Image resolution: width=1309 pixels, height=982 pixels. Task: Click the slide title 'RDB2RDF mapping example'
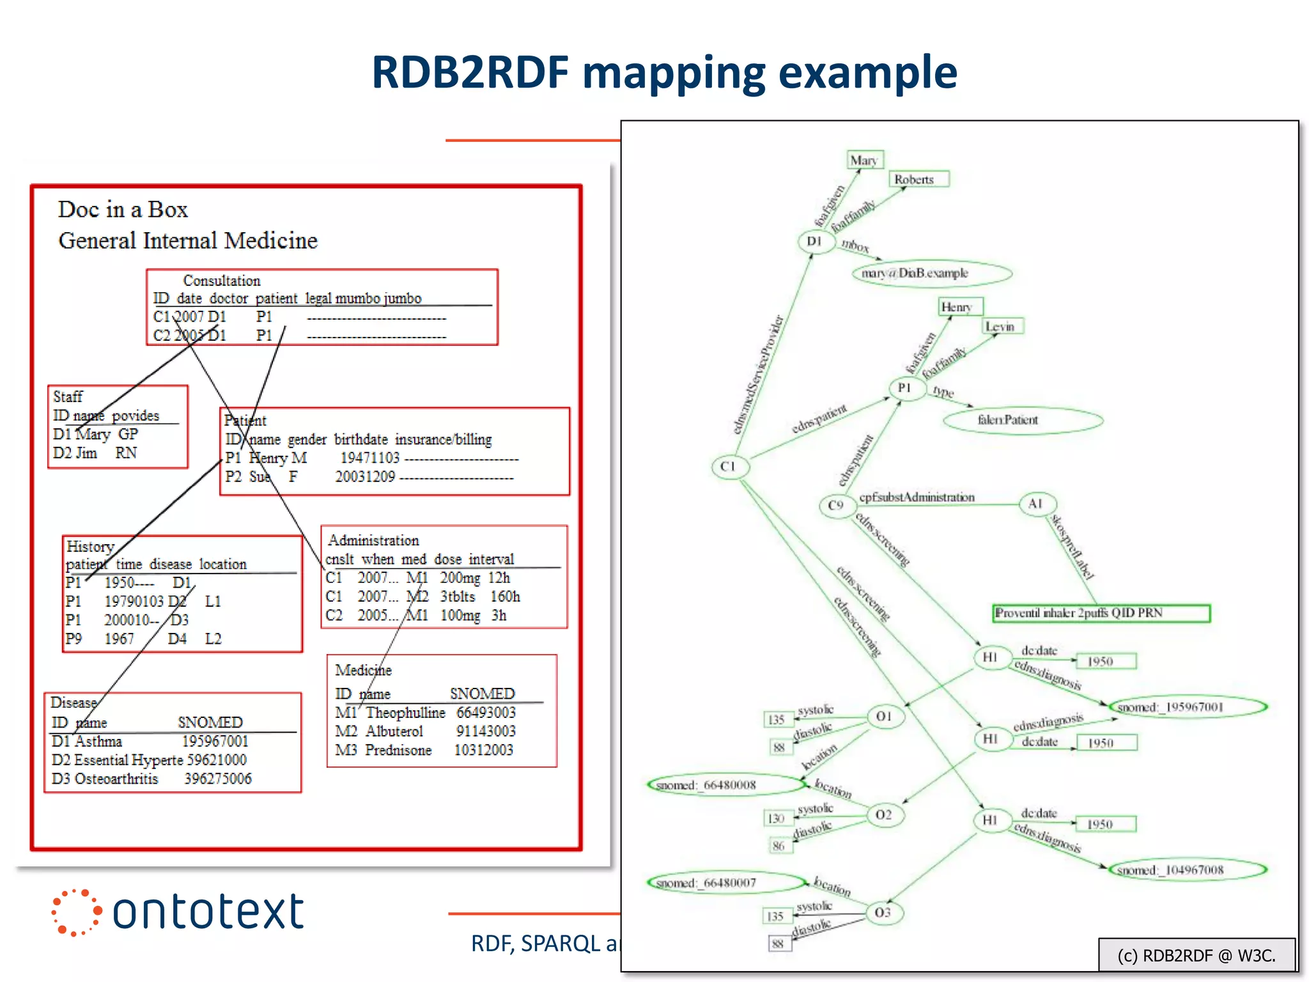[664, 72]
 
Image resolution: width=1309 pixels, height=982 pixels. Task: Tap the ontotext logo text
[208, 911]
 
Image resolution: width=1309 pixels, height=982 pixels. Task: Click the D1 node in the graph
[816, 242]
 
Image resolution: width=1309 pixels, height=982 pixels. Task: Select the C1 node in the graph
[729, 467]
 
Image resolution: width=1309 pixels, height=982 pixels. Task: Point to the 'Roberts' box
[918, 180]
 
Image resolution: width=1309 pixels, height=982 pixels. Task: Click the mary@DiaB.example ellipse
[931, 274]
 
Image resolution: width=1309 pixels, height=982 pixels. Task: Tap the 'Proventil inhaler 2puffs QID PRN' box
[1101, 613]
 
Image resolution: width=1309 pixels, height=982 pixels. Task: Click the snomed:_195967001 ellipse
[1188, 707]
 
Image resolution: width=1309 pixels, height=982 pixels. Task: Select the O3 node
[883, 912]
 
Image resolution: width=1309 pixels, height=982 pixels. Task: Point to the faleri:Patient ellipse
[1022, 420]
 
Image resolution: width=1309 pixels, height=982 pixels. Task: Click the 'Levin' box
[1002, 327]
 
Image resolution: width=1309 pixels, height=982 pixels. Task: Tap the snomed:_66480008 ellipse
[725, 785]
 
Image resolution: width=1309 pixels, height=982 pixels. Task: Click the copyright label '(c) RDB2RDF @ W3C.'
[1196, 955]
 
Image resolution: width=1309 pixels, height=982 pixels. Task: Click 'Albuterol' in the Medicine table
[394, 731]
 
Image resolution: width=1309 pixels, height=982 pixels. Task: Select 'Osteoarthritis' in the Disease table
[116, 779]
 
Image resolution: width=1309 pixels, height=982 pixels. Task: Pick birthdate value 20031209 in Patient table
[365, 476]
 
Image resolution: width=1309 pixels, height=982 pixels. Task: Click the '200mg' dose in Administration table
[460, 578]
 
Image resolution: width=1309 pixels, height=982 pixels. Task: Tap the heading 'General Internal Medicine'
[188, 240]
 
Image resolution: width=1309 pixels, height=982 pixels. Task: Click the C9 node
[836, 506]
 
